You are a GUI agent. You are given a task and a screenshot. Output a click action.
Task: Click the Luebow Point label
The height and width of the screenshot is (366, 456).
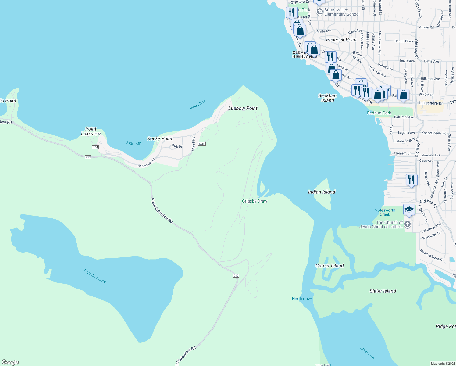point(243,108)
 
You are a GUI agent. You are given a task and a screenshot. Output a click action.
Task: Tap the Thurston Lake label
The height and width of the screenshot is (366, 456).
point(95,276)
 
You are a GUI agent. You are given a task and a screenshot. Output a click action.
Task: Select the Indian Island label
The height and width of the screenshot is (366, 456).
point(322,192)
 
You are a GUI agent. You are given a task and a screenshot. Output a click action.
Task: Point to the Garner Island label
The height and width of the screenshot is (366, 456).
point(330,266)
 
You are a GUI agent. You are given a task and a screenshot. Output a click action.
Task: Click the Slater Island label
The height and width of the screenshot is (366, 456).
point(383,291)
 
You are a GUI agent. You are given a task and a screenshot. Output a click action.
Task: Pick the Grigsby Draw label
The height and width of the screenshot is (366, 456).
point(255,201)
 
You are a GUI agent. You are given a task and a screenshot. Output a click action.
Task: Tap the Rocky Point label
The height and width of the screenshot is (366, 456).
point(160,138)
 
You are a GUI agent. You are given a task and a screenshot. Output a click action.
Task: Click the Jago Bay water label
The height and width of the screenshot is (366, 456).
point(134,143)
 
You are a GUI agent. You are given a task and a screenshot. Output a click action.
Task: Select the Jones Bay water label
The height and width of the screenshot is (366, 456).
point(197,105)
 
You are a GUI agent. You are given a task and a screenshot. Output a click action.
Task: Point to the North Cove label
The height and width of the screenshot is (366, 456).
point(302,299)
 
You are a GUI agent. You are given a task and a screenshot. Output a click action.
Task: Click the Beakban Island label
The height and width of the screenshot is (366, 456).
point(327,98)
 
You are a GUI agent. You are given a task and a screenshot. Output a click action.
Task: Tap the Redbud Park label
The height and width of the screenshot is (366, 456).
point(379,113)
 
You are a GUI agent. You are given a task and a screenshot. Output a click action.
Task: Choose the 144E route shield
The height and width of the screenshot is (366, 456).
point(201,144)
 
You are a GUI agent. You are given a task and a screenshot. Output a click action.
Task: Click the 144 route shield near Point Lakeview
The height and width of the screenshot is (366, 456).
point(95,147)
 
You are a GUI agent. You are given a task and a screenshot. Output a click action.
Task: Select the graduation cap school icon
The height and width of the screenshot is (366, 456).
point(409,210)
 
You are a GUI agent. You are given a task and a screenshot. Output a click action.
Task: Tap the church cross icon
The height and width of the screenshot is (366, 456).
point(407,224)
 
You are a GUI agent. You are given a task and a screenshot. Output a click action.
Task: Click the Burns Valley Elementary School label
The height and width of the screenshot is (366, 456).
point(342,12)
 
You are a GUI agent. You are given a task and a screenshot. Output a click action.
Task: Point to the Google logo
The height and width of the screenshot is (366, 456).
point(10,362)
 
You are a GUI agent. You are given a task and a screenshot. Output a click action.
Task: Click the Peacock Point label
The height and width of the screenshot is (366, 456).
point(341,40)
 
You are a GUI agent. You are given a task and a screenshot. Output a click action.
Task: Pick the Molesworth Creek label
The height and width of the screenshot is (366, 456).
point(385,212)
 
